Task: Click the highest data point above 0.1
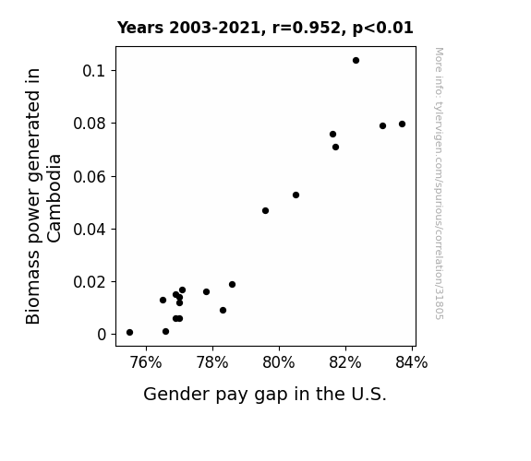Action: tap(356, 61)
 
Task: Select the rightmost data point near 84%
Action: tap(403, 124)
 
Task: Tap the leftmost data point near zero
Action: tap(129, 333)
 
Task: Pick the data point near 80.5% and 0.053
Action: tap(296, 195)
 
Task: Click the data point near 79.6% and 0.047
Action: tap(266, 211)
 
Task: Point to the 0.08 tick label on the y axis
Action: tap(90, 124)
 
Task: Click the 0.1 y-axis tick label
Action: tap(94, 71)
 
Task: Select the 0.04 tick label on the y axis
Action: tap(90, 230)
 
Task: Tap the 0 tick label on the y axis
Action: tap(102, 335)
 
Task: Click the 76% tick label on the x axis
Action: tap(146, 362)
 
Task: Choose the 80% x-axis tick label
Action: tap(279, 362)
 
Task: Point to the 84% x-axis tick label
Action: tap(412, 362)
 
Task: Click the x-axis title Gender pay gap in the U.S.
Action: tap(265, 394)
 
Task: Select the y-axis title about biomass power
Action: tap(43, 196)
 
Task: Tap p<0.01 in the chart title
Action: tap(383, 28)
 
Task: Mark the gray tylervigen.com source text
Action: tap(440, 183)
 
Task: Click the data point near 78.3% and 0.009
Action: tap(223, 310)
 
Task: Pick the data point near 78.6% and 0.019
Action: tap(233, 285)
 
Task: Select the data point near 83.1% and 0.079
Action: tap(382, 125)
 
